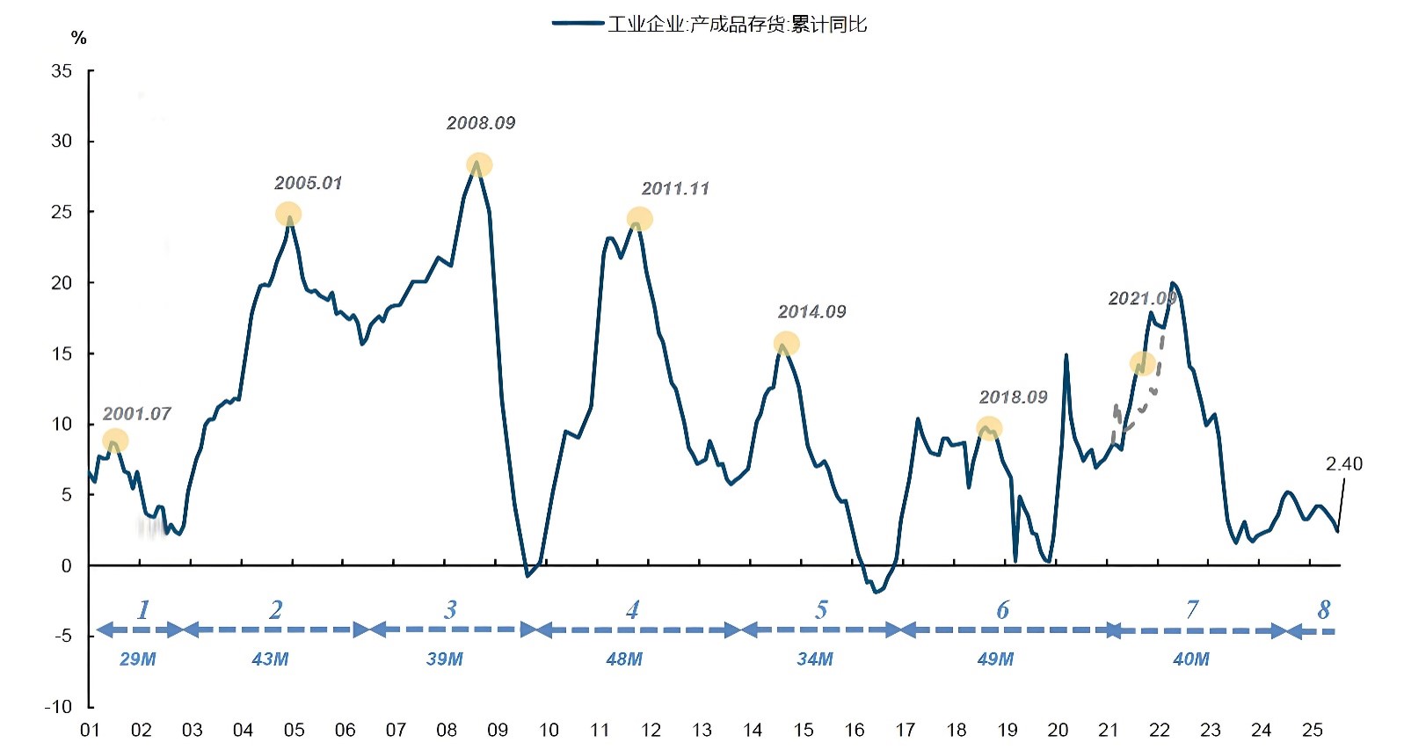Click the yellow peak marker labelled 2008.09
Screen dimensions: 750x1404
479,165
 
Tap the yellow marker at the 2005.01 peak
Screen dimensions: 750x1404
288,214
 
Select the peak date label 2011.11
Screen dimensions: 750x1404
675,188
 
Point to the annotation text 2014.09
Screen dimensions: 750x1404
811,311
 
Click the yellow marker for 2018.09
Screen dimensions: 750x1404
989,428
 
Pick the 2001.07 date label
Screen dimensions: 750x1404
136,413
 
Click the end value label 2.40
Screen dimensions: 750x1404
1343,463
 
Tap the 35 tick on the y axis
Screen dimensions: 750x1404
62,71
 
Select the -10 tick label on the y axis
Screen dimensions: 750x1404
58,707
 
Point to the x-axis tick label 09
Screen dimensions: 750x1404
498,730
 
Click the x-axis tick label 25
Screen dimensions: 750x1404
1312,730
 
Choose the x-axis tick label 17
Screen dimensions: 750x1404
905,730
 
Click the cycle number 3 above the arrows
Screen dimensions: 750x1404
450,609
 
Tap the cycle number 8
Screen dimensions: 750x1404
1324,609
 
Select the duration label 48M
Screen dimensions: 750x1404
624,659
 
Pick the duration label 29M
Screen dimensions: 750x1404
138,659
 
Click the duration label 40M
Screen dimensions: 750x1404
1191,659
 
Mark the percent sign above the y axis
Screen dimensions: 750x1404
79,38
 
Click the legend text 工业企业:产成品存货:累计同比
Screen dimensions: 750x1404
737,24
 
